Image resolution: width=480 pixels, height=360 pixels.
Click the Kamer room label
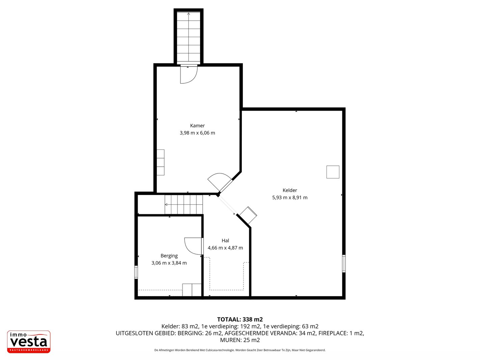[x=197, y=126]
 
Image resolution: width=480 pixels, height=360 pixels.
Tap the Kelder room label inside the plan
[x=290, y=190]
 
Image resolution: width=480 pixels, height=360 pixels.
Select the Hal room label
[x=225, y=241]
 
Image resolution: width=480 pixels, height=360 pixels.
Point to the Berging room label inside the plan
[x=169, y=256]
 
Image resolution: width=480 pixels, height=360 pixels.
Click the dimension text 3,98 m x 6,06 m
[x=197, y=133]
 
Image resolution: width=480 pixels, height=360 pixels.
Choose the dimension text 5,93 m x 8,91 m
[x=290, y=197]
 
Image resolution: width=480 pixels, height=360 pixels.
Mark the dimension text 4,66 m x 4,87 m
[x=225, y=248]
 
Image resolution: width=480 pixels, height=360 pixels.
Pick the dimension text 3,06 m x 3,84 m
[x=169, y=263]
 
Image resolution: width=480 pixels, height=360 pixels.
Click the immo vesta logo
[x=29, y=342]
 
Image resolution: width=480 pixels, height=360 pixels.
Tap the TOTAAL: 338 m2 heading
[x=240, y=319]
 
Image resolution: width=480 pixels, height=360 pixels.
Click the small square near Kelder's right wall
[x=333, y=172]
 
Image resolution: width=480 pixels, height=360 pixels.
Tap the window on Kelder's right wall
[x=344, y=264]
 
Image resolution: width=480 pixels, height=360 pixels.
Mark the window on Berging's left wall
[x=136, y=272]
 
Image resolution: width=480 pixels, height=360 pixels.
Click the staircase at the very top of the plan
[x=189, y=37]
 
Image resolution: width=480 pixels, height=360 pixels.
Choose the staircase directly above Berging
[x=184, y=204]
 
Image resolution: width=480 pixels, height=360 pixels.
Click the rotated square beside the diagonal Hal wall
[x=248, y=215]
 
